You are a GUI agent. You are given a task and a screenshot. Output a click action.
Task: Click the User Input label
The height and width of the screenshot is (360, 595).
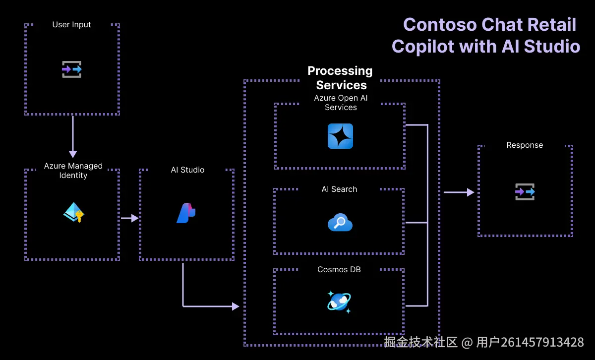72,24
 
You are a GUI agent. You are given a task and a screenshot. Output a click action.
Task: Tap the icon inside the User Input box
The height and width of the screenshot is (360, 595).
72,69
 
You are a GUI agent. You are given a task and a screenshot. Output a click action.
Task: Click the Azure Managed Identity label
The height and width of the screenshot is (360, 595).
73,171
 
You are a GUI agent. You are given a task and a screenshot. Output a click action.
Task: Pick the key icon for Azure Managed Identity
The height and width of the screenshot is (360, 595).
74,213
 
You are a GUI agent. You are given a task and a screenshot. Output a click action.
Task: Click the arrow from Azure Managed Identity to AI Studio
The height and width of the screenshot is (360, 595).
129,218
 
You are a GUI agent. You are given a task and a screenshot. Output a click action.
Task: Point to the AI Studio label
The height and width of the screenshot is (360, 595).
187,170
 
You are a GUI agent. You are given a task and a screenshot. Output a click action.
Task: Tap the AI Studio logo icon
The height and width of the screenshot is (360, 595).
186,213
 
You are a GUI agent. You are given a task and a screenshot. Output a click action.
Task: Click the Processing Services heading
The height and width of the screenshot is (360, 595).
340,77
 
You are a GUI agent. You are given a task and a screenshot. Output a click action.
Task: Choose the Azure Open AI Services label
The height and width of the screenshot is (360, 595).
341,103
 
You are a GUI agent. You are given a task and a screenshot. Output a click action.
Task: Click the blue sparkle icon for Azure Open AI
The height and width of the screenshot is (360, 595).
340,136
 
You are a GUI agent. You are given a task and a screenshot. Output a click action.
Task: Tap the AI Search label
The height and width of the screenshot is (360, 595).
339,189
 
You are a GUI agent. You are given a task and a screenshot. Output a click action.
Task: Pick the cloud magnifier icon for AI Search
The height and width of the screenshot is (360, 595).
340,223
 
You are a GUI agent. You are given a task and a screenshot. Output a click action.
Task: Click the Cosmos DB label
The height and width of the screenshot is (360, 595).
339,269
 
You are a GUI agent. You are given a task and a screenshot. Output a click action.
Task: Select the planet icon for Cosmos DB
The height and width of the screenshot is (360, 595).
339,301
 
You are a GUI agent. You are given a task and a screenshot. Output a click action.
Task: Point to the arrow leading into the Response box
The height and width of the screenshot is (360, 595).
459,192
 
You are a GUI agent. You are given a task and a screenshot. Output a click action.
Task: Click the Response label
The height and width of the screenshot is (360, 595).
525,145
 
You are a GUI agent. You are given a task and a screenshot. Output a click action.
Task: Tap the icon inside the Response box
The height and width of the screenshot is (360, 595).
525,191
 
